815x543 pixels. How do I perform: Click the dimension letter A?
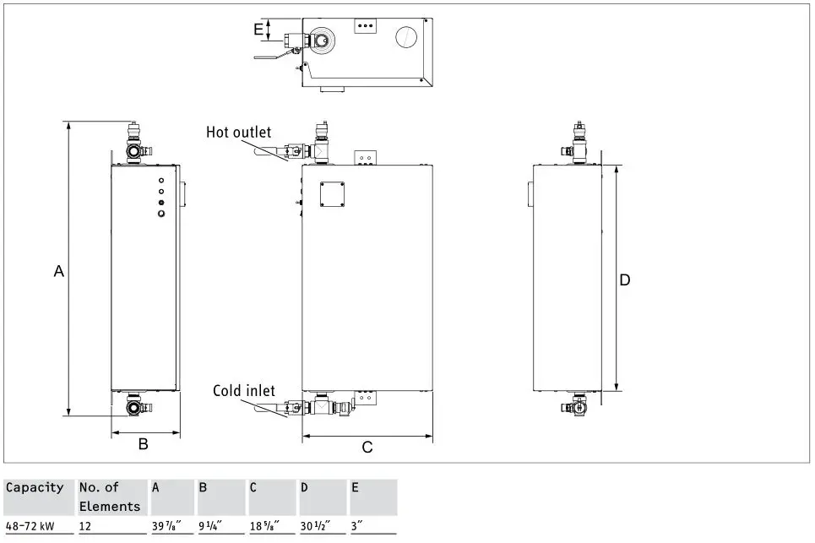click(x=58, y=271)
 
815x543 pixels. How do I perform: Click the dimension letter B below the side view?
click(x=144, y=443)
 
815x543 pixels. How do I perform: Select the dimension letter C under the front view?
click(x=367, y=448)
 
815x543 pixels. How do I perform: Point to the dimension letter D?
click(x=625, y=280)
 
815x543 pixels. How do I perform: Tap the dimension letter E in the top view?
click(x=258, y=29)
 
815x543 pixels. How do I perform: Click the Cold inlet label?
click(x=243, y=390)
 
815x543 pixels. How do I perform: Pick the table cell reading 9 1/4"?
click(x=210, y=525)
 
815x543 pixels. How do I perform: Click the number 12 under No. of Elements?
click(x=86, y=525)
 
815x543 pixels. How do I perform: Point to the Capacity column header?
click(x=35, y=487)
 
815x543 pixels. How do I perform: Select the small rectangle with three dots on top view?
click(x=365, y=26)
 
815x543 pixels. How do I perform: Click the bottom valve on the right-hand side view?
click(x=575, y=405)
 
